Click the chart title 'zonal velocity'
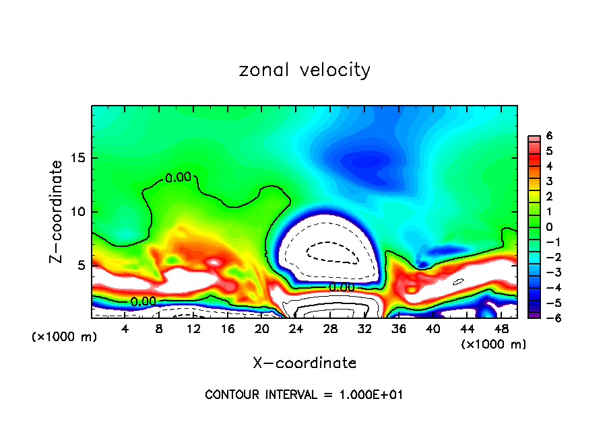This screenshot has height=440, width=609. pyautogui.click(x=304, y=69)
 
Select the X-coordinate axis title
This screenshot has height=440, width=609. pyautogui.click(x=304, y=363)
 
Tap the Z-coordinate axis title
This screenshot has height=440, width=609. pyautogui.click(x=59, y=211)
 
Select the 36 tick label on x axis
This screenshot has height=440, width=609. pyautogui.click(x=399, y=329)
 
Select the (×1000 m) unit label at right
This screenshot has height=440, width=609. pyautogui.click(x=494, y=344)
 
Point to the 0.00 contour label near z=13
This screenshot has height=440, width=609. pyautogui.click(x=178, y=178)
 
